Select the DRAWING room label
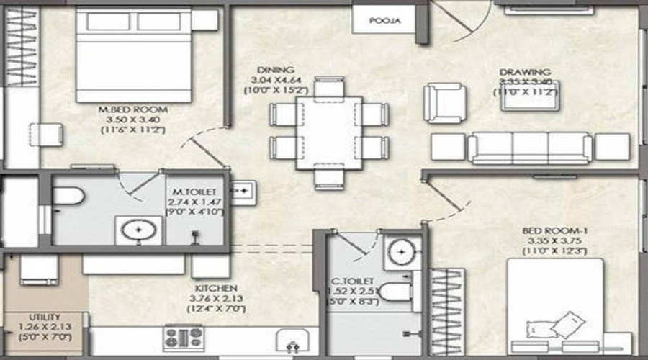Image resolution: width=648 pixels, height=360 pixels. coord(525,72)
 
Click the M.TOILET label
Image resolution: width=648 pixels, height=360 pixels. coord(189,192)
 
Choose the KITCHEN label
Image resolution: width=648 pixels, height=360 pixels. coord(215,288)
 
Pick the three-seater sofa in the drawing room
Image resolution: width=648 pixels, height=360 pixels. coord(530,147)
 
